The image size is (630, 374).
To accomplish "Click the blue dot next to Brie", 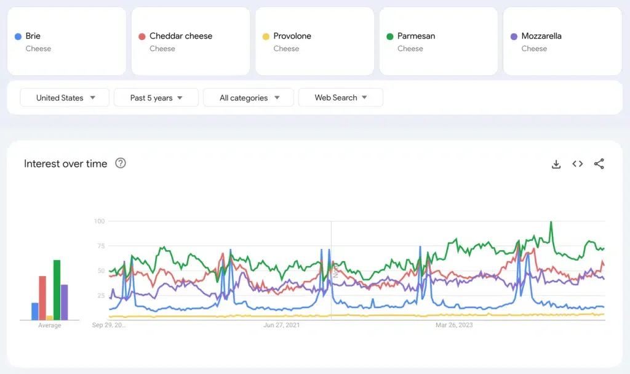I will tap(18, 36).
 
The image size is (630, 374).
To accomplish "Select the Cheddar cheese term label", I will tap(180, 36).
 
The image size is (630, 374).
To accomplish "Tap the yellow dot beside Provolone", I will tap(266, 36).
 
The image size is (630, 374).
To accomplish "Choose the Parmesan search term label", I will tap(416, 36).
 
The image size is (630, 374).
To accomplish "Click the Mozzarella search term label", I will tap(541, 36).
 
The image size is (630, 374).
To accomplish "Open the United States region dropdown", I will tap(65, 97).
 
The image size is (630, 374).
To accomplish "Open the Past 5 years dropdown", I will tap(156, 97).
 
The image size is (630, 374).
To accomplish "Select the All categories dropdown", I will tap(249, 97).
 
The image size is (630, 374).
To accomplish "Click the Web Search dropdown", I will tap(340, 97).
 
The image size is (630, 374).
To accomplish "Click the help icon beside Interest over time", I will tap(121, 163).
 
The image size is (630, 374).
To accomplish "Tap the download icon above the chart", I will tap(556, 164).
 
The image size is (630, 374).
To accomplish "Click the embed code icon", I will tap(577, 164).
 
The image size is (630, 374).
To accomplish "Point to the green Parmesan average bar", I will tap(57, 290).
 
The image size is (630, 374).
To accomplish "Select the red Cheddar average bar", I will tap(42, 298).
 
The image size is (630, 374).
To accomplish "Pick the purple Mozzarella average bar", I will tap(64, 303).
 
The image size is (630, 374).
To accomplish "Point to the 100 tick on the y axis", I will tap(99, 221).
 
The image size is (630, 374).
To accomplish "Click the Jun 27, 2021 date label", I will tap(282, 325).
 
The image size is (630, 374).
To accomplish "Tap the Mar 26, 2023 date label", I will tap(454, 325).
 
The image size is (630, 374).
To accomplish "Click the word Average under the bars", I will tap(50, 325).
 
